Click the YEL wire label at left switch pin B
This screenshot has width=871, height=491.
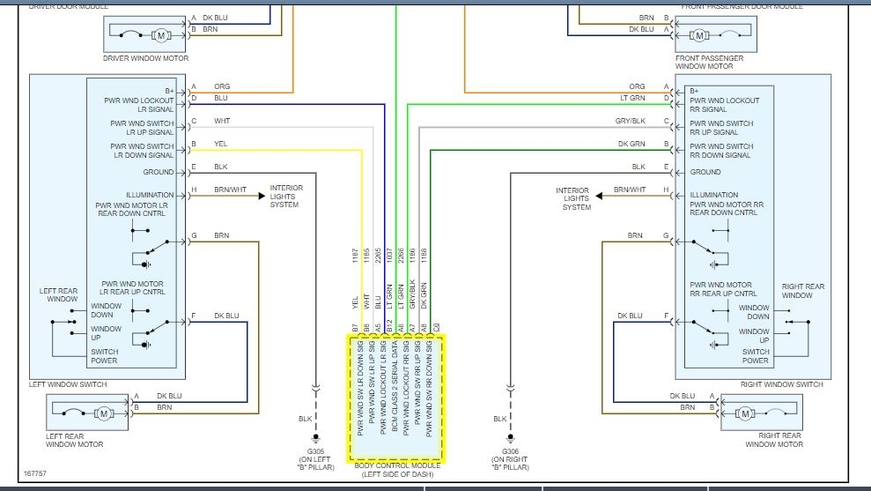(x=220, y=144)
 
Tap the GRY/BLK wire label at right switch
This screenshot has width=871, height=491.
(x=630, y=121)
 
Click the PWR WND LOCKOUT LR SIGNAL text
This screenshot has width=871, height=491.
(x=138, y=105)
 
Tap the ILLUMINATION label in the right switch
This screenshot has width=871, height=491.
(x=714, y=195)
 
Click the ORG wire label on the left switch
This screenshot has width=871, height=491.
(x=221, y=86)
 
